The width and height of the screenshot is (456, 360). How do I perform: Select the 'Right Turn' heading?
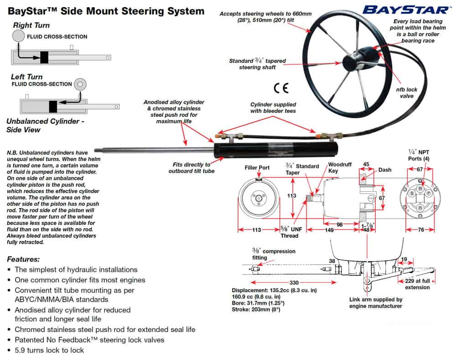tap(31, 25)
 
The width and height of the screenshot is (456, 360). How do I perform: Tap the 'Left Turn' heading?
tap(27, 77)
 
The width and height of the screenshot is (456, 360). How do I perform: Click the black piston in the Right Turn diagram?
tap(44, 57)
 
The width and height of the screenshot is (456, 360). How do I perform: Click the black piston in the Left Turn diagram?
tap(53, 106)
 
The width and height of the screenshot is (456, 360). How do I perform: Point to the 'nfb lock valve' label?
tap(406, 93)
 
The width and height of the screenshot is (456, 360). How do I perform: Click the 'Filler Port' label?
tap(258, 167)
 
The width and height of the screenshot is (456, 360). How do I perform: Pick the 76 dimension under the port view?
tap(420, 230)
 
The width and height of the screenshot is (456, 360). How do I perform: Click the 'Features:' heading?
tap(23, 259)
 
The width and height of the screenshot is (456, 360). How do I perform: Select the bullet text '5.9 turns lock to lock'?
tap(49, 350)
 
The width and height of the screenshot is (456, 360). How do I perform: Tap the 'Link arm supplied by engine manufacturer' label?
tap(375, 303)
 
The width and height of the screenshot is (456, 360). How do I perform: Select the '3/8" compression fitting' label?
tap(274, 254)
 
